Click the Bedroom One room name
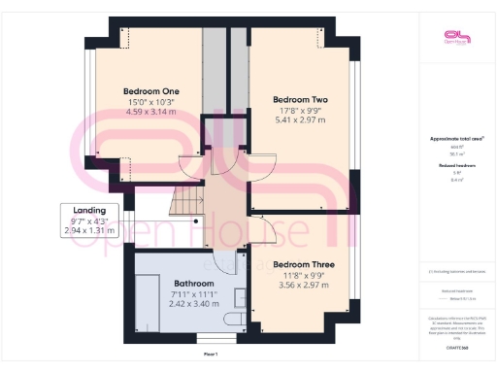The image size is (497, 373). tap(150, 91)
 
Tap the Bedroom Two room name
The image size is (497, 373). tap(300, 100)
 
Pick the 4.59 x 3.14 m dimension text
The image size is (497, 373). tap(150, 112)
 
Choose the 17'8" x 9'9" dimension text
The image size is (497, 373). tap(300, 111)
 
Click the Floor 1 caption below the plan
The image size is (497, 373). tap(210, 355)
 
